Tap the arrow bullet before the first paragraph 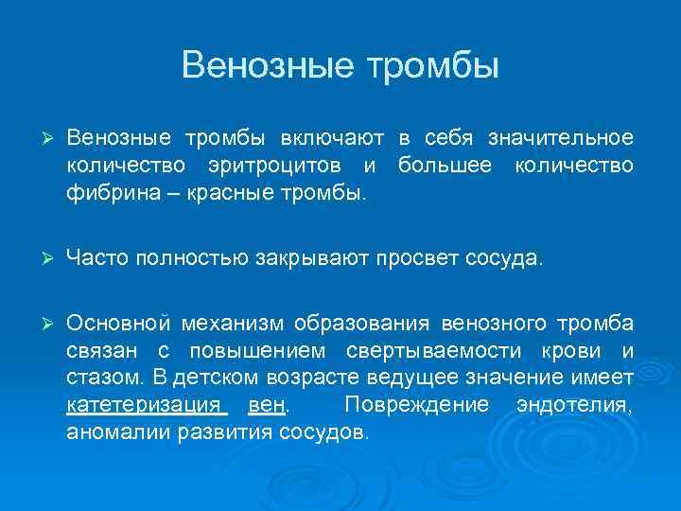pyautogui.click(x=39, y=139)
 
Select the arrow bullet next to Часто pyautogui.click(x=39, y=257)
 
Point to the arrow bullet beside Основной pyautogui.click(x=39, y=323)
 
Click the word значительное pyautogui.click(x=560, y=139)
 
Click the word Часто pyautogui.click(x=96, y=257)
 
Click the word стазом pyautogui.click(x=105, y=379)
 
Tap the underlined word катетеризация pyautogui.click(x=145, y=406)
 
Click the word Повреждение pyautogui.click(x=417, y=406)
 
